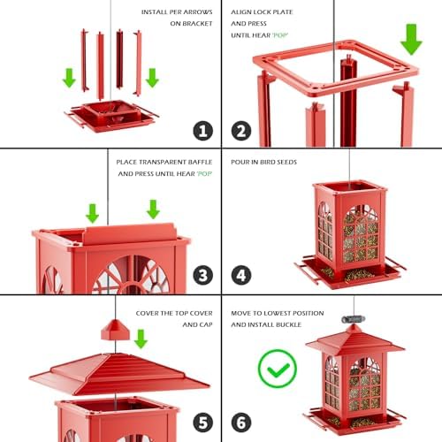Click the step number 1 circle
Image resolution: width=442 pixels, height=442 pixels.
point(202,131)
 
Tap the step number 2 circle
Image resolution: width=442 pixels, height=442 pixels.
point(240,131)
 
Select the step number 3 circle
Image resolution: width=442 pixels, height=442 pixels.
point(202,276)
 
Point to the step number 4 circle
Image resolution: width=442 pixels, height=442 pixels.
point(240,276)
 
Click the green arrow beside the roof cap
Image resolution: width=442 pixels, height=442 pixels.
point(140,339)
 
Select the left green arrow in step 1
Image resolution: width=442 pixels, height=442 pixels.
point(70,78)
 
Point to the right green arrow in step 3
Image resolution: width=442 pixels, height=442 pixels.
point(153,210)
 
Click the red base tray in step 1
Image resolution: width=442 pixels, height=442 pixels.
point(110,114)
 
